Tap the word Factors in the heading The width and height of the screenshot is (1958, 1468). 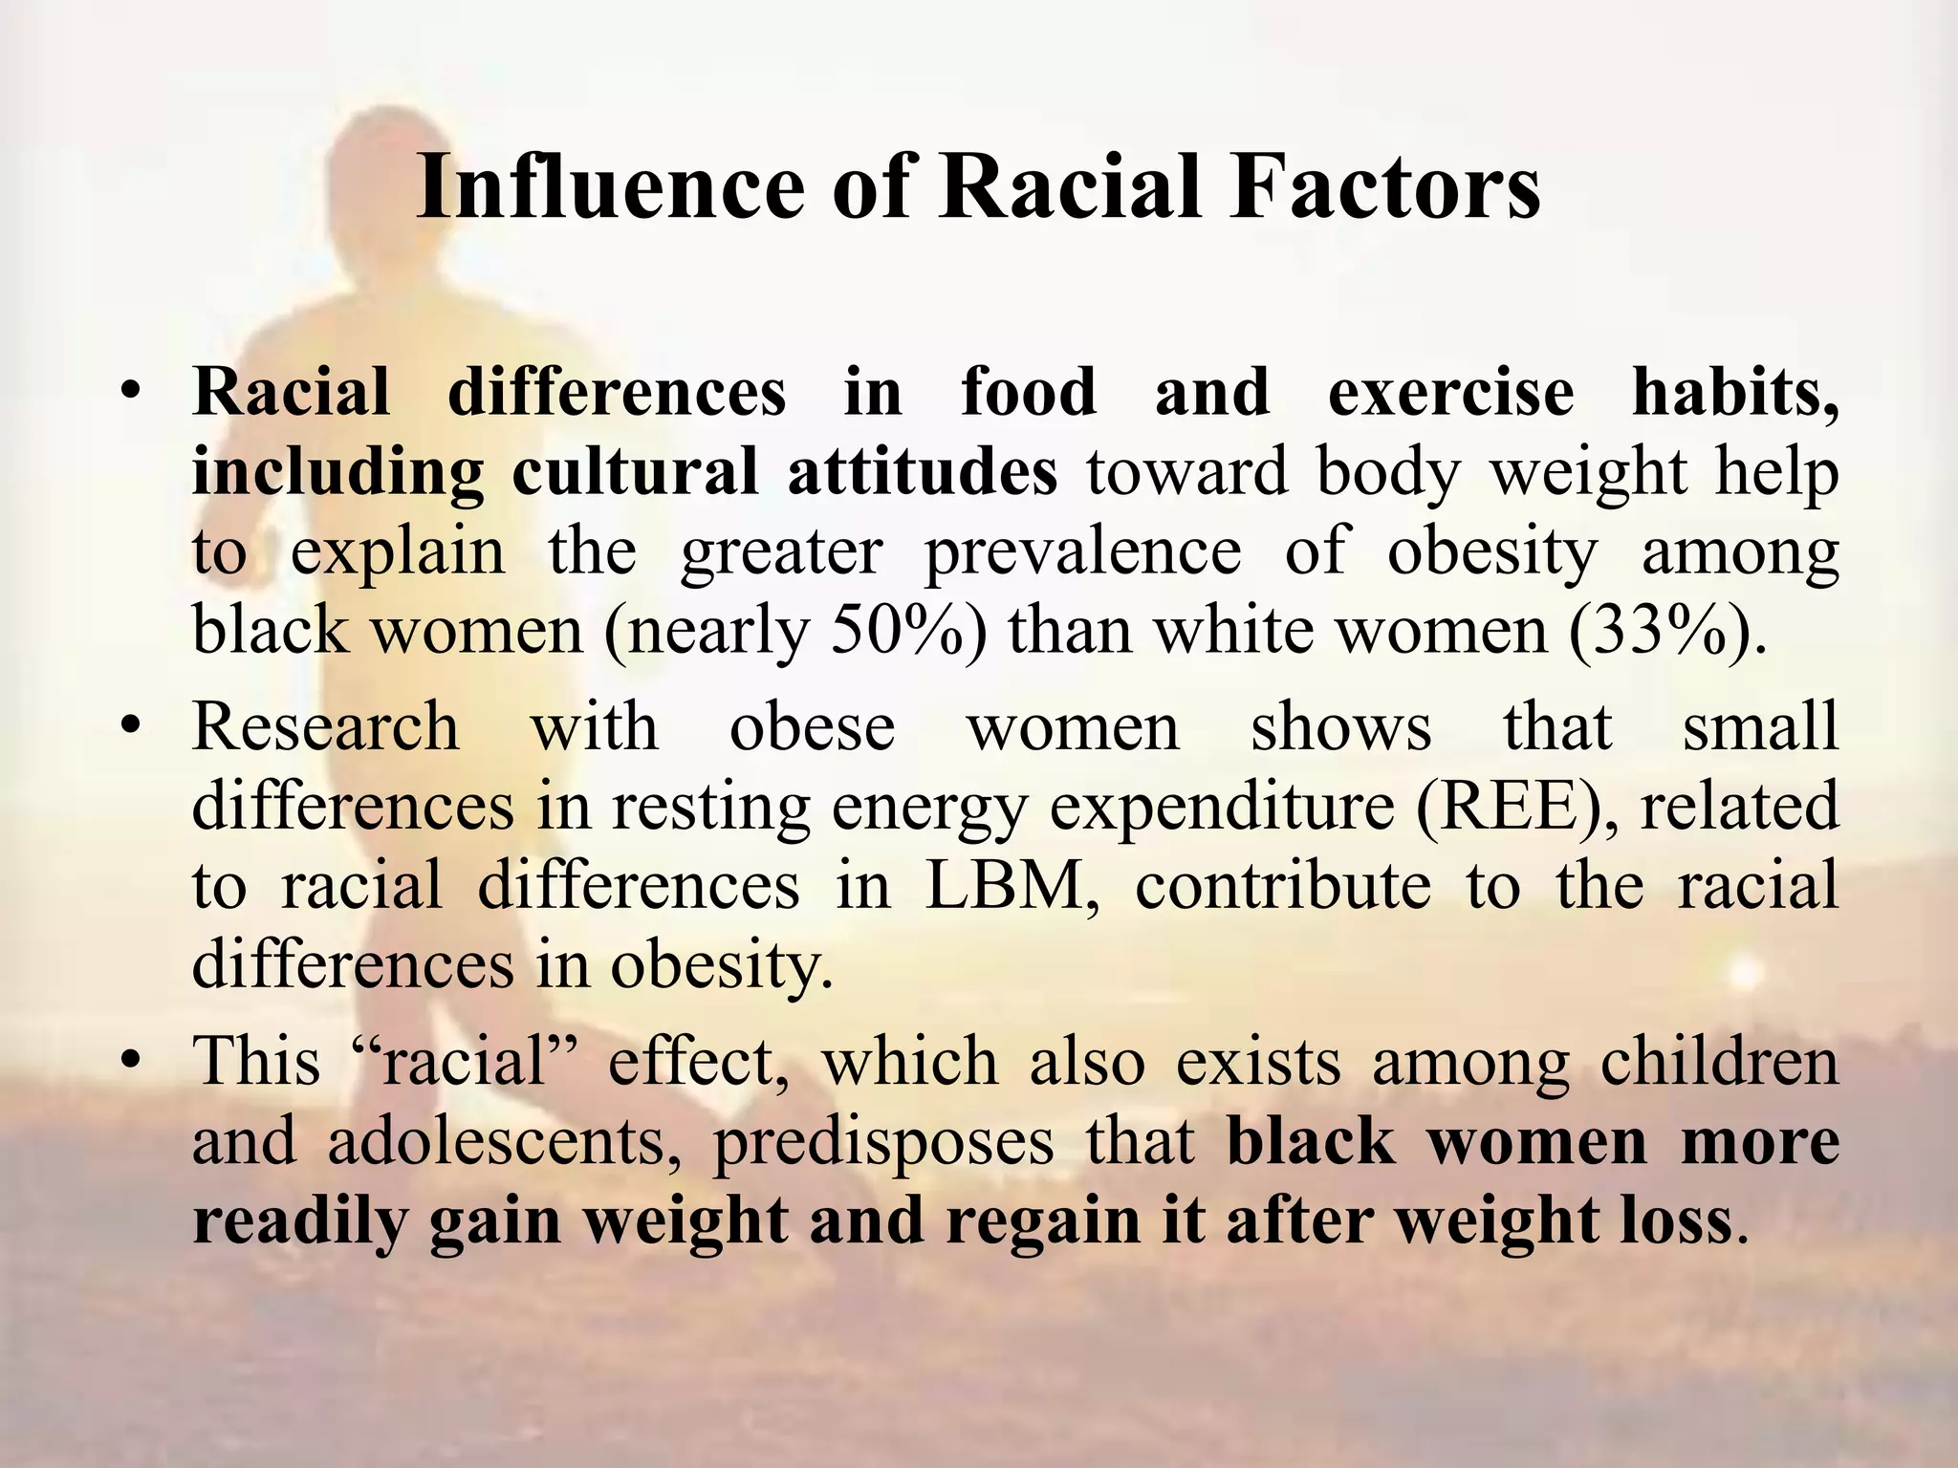tap(1384, 187)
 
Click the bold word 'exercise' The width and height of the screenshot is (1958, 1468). tap(1450, 393)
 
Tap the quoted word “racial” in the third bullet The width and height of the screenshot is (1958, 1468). tap(463, 1062)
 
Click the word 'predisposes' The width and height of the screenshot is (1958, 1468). tap(884, 1141)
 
